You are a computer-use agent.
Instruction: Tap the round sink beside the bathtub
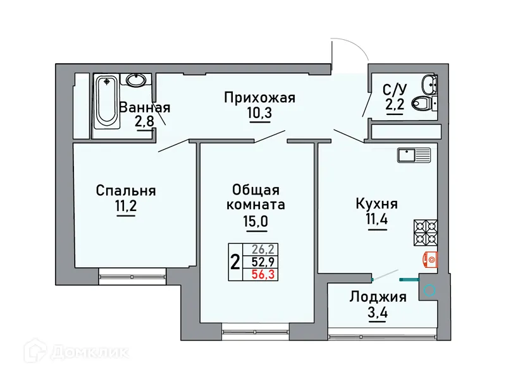pyautogui.click(x=135, y=80)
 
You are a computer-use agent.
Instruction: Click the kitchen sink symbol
pyautogui.click(x=414, y=153)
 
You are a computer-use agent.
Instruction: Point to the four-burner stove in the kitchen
pyautogui.click(x=425, y=232)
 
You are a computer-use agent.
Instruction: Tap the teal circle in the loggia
pyautogui.click(x=429, y=291)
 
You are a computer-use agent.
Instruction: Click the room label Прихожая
pyautogui.click(x=260, y=98)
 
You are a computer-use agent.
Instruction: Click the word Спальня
pyautogui.click(x=126, y=190)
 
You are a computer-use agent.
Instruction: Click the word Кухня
pyautogui.click(x=377, y=203)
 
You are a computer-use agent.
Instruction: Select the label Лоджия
pyautogui.click(x=378, y=297)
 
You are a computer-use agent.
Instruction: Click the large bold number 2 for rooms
pyautogui.click(x=235, y=262)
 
